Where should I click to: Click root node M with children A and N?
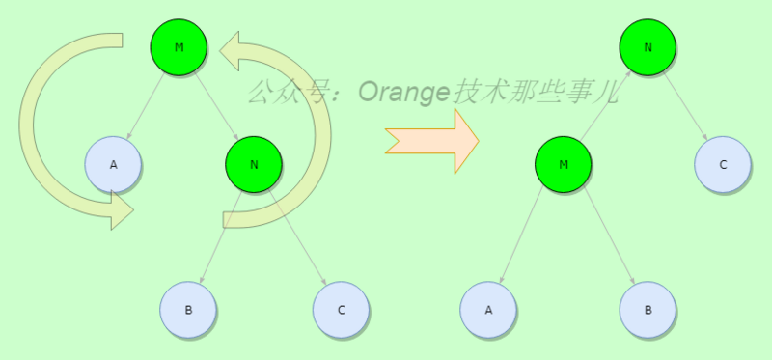pos(179,46)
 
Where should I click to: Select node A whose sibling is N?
pos(113,164)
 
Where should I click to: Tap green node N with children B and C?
pos(254,164)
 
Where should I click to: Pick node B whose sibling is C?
pos(188,310)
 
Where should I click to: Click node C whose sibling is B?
pos(342,310)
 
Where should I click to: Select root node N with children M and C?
pos(648,46)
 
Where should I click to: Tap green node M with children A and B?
pos(564,164)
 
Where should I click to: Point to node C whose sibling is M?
pos(723,164)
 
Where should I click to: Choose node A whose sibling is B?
pos(488,310)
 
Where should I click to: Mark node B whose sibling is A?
pos(648,310)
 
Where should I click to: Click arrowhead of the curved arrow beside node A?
pos(121,209)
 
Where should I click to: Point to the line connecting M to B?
pos(606,237)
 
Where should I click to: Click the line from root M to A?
pos(146,105)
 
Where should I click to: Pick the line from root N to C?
pos(685,105)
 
